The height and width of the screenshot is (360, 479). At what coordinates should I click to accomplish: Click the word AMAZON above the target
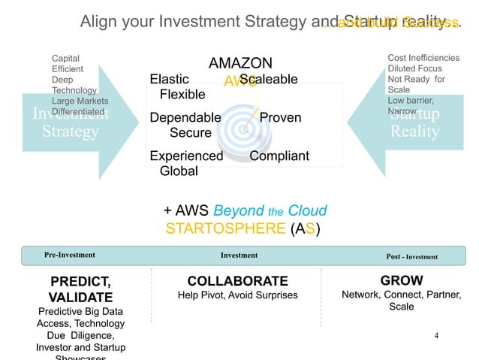pos(239,63)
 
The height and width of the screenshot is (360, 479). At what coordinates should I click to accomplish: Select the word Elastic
pos(170,80)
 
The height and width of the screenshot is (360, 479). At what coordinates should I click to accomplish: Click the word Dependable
pos(185,118)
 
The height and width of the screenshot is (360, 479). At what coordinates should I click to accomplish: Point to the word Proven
pos(280,118)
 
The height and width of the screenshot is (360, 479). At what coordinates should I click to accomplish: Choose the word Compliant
pos(279,156)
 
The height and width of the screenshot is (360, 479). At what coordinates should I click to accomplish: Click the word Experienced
pos(186,156)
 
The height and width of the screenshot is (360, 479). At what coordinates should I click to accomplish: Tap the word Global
pos(179,171)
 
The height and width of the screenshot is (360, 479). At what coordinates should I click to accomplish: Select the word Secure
pos(190,133)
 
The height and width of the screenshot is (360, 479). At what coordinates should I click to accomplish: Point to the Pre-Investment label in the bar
pos(70,256)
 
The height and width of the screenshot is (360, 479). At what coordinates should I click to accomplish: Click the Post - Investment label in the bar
pos(411,256)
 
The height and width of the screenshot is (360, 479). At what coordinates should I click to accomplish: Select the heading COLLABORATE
pos(237,281)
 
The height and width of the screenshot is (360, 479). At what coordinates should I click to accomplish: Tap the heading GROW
pos(402,280)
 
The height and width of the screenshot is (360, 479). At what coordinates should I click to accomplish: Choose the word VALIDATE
pos(80,297)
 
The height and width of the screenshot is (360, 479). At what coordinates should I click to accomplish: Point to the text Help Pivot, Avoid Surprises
pos(237,295)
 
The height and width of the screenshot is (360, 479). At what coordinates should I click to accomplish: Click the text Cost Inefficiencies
pos(423,58)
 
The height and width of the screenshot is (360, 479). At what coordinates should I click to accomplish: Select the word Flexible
pos(182,95)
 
